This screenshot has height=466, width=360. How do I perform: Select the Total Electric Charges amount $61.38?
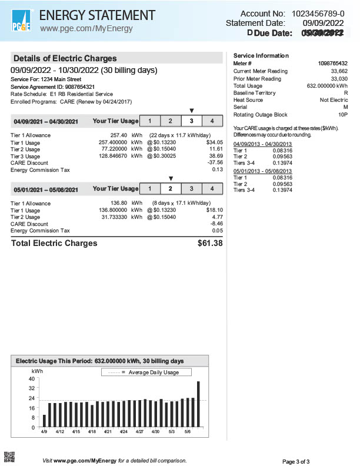[x=210, y=243]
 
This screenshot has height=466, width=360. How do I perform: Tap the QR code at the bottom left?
[x=9, y=456]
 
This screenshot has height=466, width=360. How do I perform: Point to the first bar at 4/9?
[x=44, y=421]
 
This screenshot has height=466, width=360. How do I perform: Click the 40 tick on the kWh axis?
[x=31, y=379]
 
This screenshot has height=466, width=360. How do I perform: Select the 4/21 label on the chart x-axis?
[x=108, y=432]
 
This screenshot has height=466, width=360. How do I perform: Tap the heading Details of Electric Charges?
[x=65, y=58]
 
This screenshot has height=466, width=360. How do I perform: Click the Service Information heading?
[x=261, y=55]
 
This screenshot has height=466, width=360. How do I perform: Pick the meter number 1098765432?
[x=332, y=63]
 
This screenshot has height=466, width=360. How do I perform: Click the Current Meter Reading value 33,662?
[x=339, y=71]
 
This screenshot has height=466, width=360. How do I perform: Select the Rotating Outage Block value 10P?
[x=342, y=115]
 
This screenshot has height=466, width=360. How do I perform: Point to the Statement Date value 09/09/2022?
[x=323, y=23]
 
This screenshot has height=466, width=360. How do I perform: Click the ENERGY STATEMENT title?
[x=98, y=15]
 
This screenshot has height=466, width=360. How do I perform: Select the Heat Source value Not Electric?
[x=334, y=100]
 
